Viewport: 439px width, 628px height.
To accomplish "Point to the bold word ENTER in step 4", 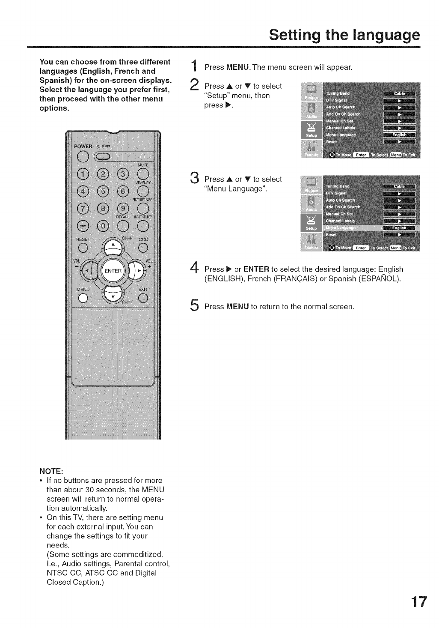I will (x=256, y=269).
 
